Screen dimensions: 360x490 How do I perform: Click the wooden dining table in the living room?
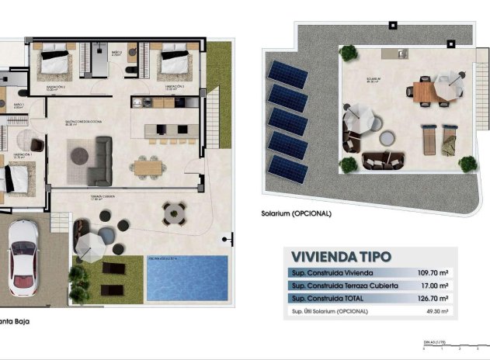tap(148, 166)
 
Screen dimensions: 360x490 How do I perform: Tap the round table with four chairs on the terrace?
tap(174, 212)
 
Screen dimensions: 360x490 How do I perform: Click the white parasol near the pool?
tap(91, 247)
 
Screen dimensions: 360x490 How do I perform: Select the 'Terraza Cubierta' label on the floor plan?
tap(101, 198)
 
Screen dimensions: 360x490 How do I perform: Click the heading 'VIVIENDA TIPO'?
tap(341, 257)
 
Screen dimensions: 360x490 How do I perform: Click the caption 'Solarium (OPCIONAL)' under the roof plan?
tap(297, 213)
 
